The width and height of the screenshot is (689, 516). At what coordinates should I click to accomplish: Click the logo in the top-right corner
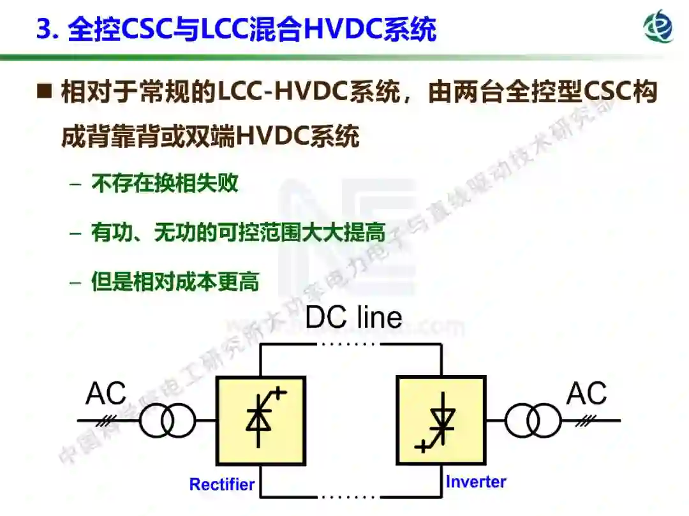(x=658, y=26)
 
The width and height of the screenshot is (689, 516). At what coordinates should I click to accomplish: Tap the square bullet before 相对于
(x=44, y=93)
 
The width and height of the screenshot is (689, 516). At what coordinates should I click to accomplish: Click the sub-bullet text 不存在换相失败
(x=165, y=184)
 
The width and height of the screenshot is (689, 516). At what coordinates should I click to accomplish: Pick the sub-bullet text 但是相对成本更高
(x=175, y=282)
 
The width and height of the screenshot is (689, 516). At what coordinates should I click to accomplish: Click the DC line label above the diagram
(x=353, y=317)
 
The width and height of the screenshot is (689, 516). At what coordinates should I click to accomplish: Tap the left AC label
(x=106, y=394)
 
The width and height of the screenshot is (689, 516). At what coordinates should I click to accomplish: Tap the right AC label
(x=586, y=394)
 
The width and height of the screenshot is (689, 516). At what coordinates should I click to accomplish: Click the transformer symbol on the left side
(x=167, y=421)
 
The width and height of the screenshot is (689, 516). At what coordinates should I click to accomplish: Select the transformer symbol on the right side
(x=533, y=421)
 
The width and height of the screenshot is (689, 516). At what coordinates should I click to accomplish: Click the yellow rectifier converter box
(x=260, y=420)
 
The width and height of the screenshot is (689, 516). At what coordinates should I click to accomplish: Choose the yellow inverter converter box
(x=440, y=420)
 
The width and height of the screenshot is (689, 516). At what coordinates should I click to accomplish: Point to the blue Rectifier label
(x=221, y=485)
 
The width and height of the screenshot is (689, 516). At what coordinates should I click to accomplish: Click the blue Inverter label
(x=476, y=482)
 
